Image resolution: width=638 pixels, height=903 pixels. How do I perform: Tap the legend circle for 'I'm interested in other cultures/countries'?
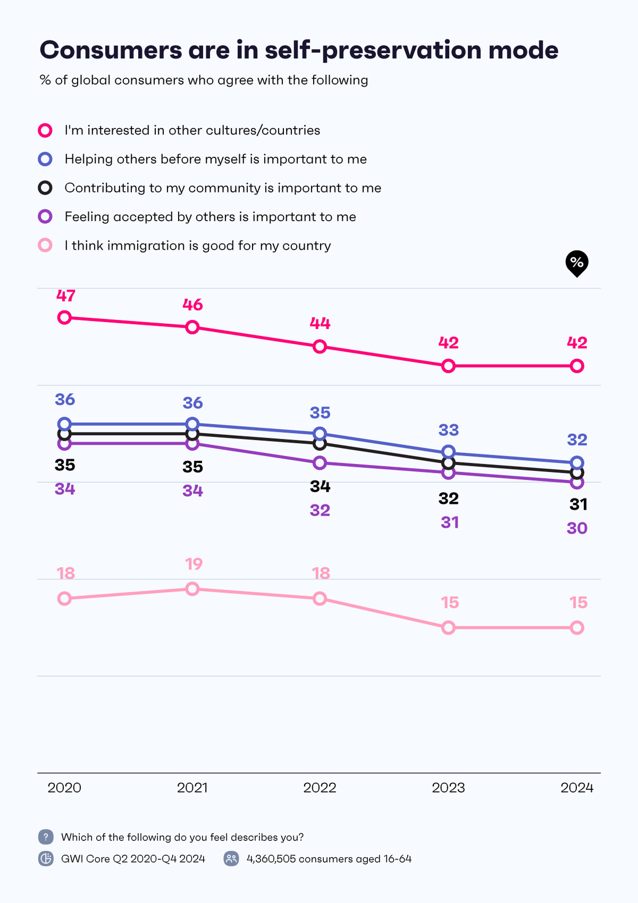tap(45, 130)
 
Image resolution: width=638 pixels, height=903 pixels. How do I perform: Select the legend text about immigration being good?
tap(197, 246)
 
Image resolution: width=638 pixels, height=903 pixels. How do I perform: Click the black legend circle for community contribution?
tap(45, 188)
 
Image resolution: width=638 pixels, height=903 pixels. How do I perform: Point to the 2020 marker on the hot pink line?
tap(64, 317)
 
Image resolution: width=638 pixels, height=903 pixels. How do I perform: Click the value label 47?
tap(66, 296)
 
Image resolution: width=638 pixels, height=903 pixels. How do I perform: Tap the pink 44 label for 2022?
tap(320, 323)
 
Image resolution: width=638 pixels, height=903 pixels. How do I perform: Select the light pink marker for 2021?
tap(192, 589)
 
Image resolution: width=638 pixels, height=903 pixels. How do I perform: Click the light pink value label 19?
tap(194, 564)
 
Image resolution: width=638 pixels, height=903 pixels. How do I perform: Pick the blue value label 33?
tap(449, 429)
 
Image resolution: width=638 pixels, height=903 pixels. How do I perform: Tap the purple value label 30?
tap(577, 528)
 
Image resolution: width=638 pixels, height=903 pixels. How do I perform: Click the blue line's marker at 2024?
tap(577, 463)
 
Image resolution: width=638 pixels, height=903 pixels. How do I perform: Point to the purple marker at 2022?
tap(320, 463)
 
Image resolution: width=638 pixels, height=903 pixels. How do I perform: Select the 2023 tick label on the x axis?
tap(448, 788)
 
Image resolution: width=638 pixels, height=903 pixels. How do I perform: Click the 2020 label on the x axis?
tap(64, 788)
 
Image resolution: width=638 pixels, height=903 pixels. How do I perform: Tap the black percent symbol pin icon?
tap(577, 263)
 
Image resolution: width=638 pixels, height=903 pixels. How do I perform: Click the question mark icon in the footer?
tap(46, 837)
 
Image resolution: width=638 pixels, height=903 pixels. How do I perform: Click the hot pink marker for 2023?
tap(448, 366)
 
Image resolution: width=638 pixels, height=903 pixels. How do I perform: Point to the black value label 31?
tap(578, 504)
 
